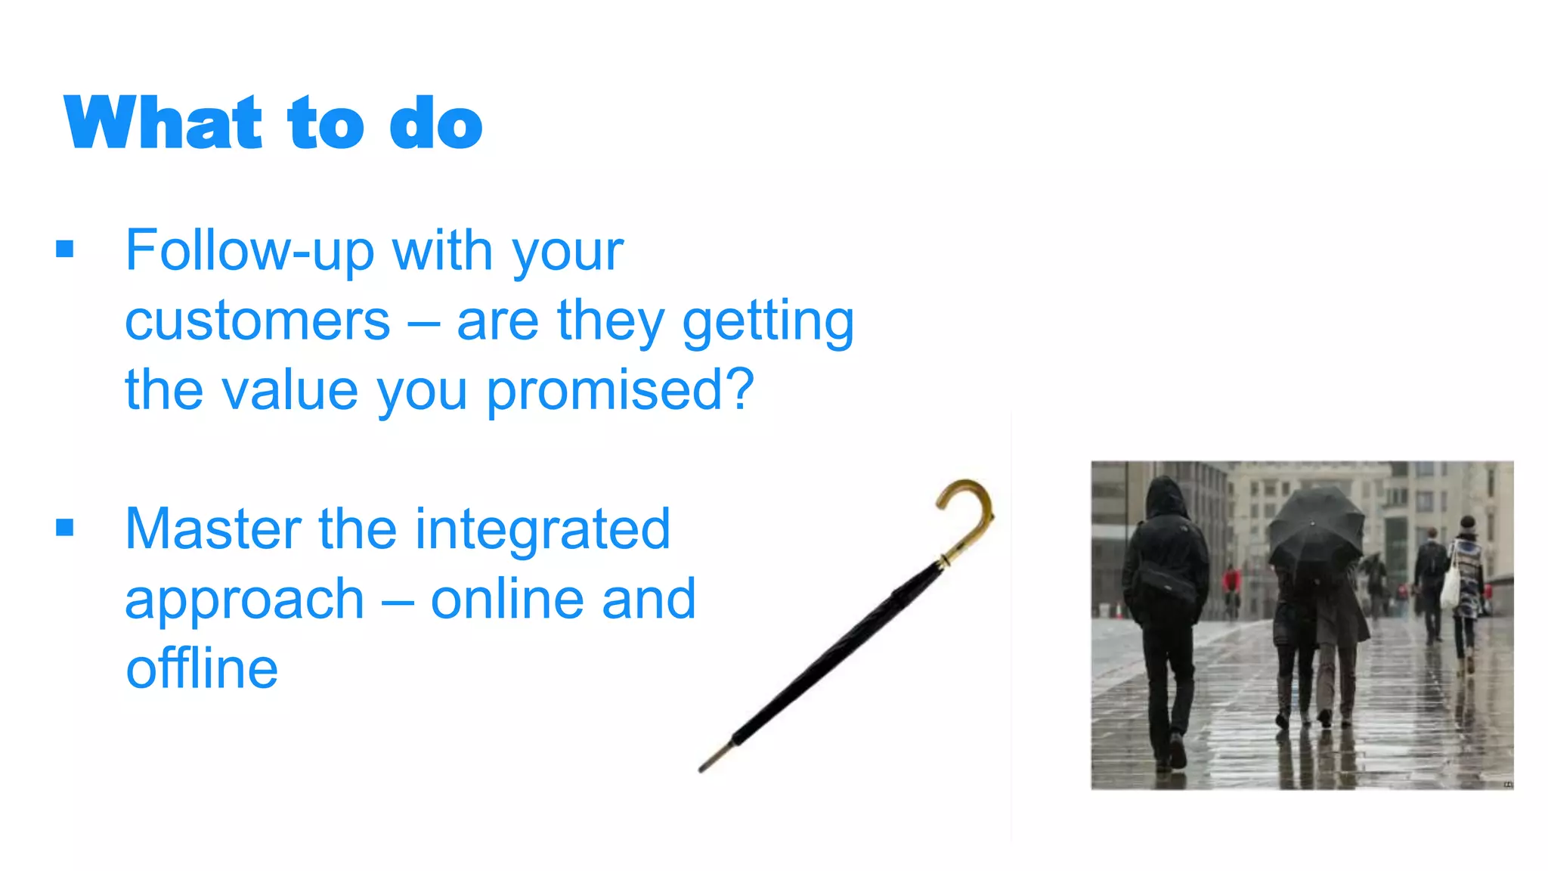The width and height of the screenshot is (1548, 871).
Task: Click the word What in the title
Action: (x=163, y=122)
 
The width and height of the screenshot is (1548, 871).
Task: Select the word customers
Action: (x=257, y=321)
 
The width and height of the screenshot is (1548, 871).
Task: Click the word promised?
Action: (x=620, y=391)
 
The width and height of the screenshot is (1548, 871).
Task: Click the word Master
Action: (x=214, y=528)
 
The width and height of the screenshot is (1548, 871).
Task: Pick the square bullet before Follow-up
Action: (x=65, y=249)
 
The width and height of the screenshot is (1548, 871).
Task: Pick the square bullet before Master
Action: (x=65, y=527)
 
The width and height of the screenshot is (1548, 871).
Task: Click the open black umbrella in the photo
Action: (x=1315, y=525)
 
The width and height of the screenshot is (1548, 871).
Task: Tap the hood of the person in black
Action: (x=1167, y=495)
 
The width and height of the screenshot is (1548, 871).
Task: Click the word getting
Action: (x=768, y=321)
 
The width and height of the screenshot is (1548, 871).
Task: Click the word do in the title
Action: (x=435, y=122)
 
